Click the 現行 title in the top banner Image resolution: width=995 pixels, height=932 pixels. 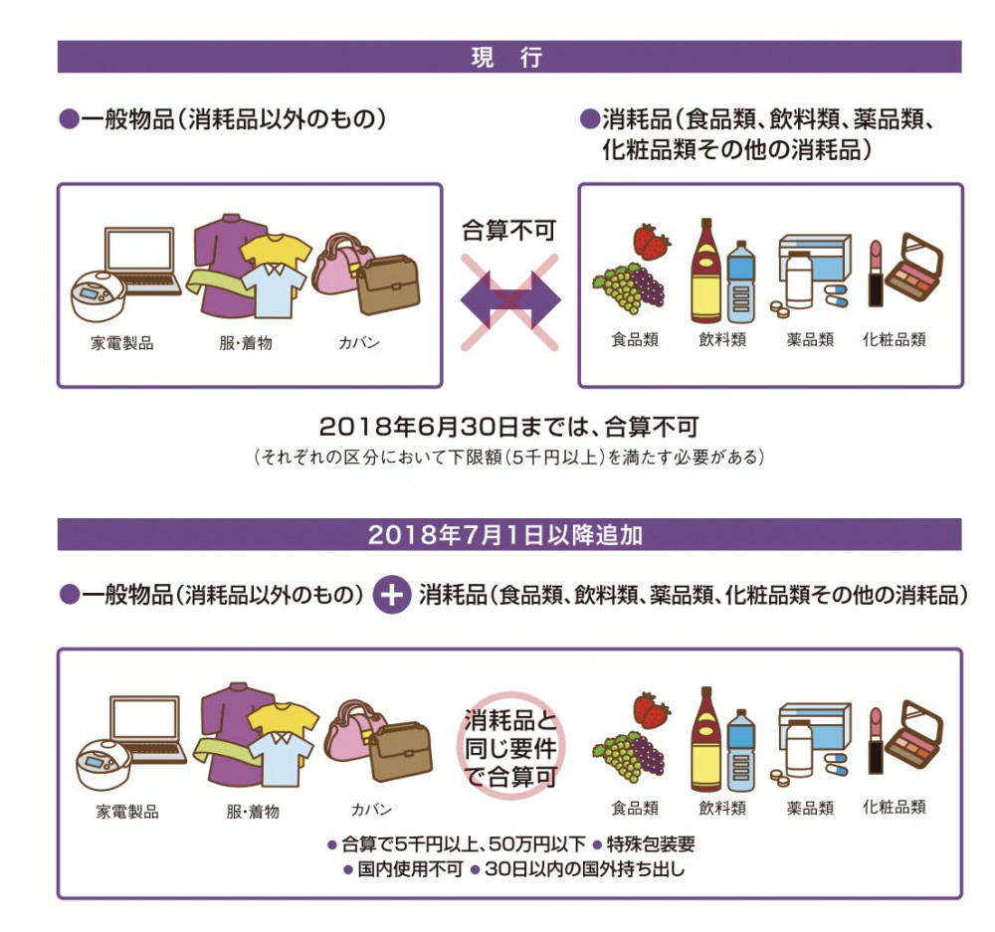(x=506, y=58)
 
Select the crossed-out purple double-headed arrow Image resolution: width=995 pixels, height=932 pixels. (x=509, y=301)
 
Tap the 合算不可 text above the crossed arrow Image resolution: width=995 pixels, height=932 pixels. (x=508, y=232)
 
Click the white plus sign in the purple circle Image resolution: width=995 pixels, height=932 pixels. (x=392, y=596)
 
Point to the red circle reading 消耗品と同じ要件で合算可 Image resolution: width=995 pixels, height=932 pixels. (x=508, y=748)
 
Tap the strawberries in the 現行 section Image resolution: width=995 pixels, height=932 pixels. (x=652, y=242)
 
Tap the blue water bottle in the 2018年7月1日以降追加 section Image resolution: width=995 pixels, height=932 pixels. (x=740, y=751)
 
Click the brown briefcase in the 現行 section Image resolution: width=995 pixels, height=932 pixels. (x=389, y=283)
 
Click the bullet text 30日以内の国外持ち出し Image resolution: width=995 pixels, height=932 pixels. (x=577, y=868)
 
